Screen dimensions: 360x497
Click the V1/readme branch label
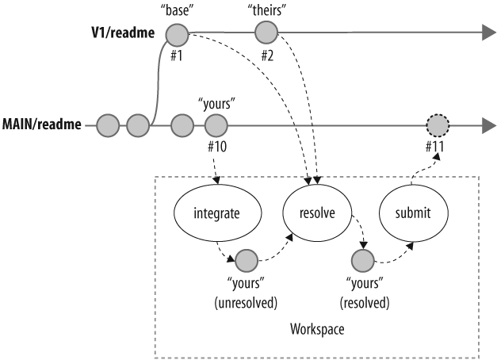120,35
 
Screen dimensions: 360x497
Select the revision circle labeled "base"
176,34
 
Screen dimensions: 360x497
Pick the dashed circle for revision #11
437,125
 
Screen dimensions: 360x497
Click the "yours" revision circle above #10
215,125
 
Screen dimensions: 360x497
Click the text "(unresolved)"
247,302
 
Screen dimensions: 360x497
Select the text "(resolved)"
364,302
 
